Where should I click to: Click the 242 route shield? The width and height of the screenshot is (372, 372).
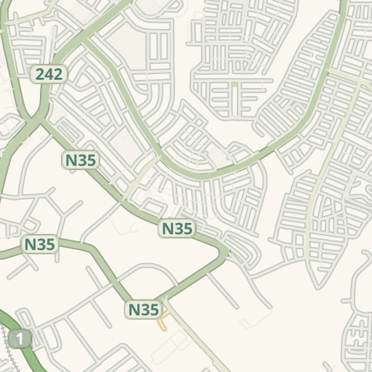[49, 73]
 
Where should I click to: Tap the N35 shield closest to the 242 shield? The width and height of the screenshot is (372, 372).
[81, 160]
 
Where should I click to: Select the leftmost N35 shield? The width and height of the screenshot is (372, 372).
[40, 244]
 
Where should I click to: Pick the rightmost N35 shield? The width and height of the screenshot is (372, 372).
[177, 229]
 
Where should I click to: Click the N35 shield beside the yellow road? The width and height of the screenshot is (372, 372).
[143, 310]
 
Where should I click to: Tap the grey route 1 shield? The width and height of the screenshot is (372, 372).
[20, 338]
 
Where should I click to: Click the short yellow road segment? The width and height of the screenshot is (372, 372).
[164, 321]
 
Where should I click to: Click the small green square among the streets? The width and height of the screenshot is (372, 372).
[235, 85]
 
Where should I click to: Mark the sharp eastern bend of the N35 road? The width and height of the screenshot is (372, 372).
[227, 252]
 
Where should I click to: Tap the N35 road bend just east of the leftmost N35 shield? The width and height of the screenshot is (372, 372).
[92, 248]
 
